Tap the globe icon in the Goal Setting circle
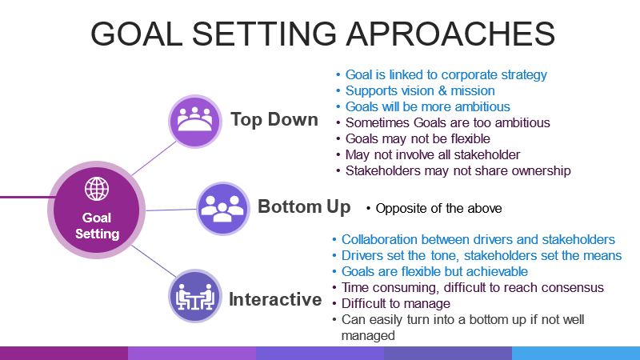(97, 190)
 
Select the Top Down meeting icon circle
(194, 121)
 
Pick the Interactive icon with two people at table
(195, 297)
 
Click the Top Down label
(274, 120)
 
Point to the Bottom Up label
(304, 207)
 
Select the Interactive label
(275, 300)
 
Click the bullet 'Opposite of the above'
(438, 209)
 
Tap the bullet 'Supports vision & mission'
(420, 90)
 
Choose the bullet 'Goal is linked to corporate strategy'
(446, 75)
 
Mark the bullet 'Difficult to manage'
(396, 303)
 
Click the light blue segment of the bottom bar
(575, 353)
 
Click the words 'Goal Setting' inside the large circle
(97, 226)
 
